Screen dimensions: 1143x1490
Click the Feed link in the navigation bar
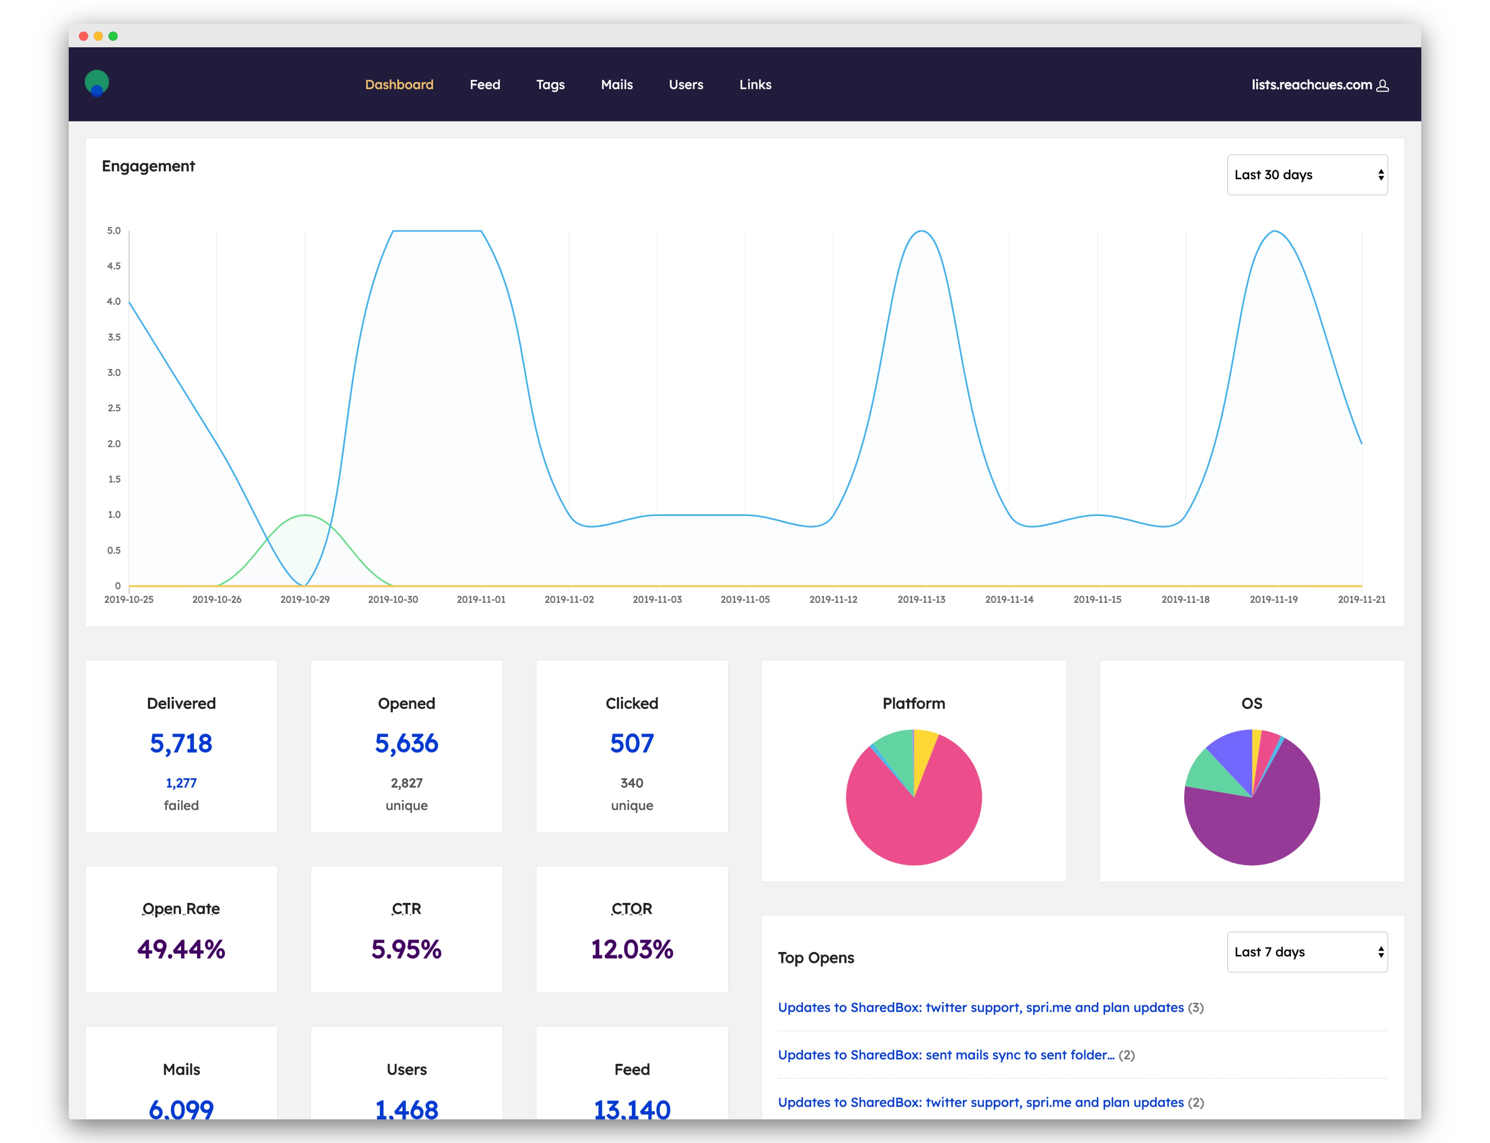point(484,84)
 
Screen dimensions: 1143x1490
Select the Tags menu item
point(550,84)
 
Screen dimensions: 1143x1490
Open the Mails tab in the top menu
point(617,84)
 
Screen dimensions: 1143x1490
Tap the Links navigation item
point(755,84)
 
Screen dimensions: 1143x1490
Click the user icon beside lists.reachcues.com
point(1382,86)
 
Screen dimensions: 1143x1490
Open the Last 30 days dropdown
point(1307,175)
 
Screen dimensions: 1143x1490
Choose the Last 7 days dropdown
point(1307,952)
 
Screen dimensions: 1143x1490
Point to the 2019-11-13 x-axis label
point(921,599)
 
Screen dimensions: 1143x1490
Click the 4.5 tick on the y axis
point(114,266)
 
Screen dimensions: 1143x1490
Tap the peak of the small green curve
point(305,515)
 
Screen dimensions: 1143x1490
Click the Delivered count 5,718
point(181,743)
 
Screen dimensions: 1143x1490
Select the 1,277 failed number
point(181,783)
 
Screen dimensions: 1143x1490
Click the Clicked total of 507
point(632,743)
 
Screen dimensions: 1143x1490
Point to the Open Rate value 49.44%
point(181,949)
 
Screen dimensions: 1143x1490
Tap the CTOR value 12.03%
point(632,949)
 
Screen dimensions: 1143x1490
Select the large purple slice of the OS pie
point(1259,827)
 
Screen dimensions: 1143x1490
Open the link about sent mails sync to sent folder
point(946,1055)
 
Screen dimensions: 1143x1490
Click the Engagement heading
point(149,166)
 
